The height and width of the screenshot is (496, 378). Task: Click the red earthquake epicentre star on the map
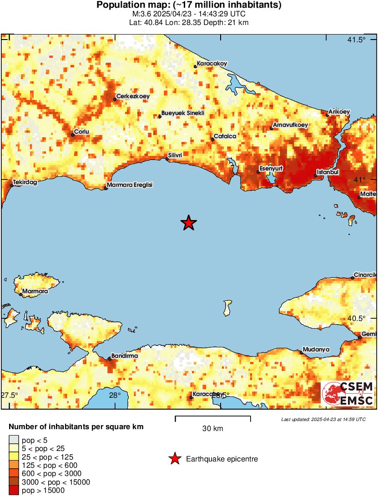coord(188,223)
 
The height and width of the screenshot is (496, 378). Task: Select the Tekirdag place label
coord(25,182)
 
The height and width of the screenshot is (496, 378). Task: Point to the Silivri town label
coord(175,155)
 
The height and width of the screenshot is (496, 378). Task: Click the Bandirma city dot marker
coord(109,359)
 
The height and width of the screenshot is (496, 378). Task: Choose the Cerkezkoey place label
coord(133,96)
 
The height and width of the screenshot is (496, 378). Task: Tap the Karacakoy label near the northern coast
coord(212,64)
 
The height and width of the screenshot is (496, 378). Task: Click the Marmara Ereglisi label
coord(130,185)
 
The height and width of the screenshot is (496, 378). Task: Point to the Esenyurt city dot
coord(258,172)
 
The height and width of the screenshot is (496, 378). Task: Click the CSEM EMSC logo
coord(347,394)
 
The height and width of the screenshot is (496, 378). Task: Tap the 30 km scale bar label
coord(212,428)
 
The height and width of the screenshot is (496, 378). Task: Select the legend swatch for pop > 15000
coord(14,490)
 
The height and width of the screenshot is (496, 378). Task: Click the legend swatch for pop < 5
coord(14,440)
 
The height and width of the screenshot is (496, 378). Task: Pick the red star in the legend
coord(175,459)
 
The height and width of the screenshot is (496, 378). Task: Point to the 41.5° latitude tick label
coord(356,40)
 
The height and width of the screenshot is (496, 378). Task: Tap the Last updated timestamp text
coord(323,419)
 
